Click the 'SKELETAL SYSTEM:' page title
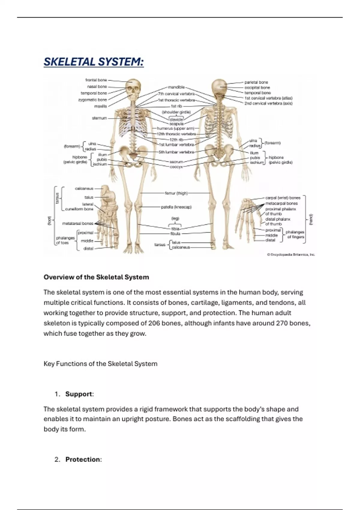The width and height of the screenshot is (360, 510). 94,62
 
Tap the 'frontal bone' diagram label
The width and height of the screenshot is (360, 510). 96,80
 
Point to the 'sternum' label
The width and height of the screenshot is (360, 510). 99,118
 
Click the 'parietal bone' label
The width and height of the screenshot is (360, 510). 256,82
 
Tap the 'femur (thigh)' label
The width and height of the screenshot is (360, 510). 176,193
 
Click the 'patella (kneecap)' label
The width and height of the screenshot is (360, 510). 176,207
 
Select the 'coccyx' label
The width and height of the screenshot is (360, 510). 176,167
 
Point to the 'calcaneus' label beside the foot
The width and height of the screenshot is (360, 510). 84,188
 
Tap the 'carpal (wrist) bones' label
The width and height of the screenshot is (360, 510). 283,198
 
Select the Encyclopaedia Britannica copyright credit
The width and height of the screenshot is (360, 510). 291,254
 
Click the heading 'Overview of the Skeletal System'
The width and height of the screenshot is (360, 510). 96,277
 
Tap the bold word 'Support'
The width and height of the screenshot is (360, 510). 79,394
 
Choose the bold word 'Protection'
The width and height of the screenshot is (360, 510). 83,459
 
